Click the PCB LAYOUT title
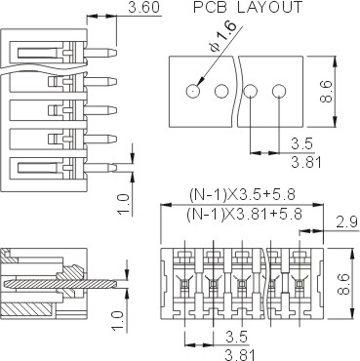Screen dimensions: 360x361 248,7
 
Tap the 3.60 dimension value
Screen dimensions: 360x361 144,8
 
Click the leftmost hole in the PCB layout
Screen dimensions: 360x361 193,91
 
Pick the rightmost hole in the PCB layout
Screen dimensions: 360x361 279,91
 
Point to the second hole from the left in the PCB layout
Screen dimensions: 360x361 221,91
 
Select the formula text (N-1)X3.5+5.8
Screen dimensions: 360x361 242,195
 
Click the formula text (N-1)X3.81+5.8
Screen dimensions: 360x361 245,214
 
